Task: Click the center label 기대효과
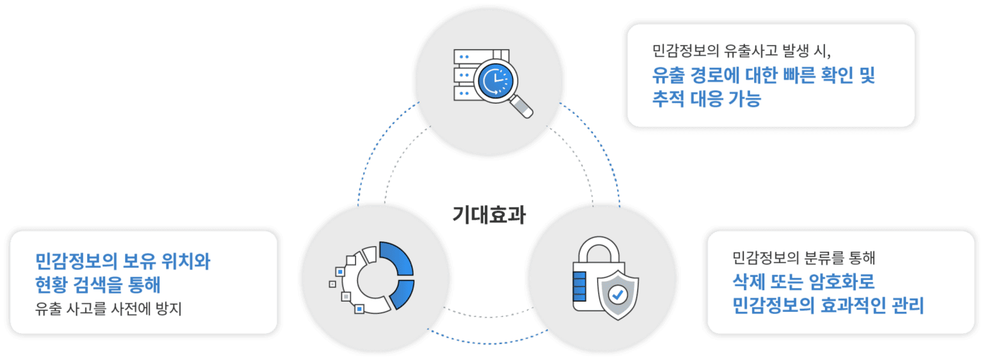[x=489, y=215]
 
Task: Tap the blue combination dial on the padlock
[x=578, y=286]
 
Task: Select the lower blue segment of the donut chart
[x=402, y=295]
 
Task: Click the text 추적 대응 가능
[x=707, y=99]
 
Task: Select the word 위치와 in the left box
[x=185, y=261]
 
